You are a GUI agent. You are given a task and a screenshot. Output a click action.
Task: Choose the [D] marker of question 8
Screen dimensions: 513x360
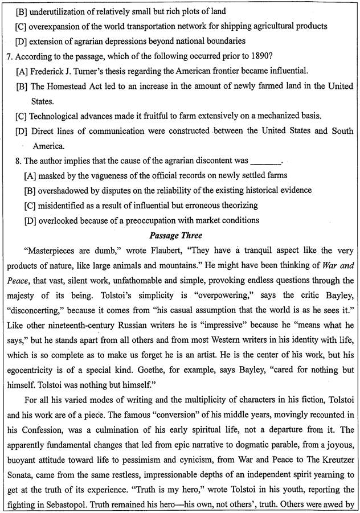pos(30,220)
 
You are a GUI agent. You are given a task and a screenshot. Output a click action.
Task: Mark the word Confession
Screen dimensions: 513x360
pos(35,398)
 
